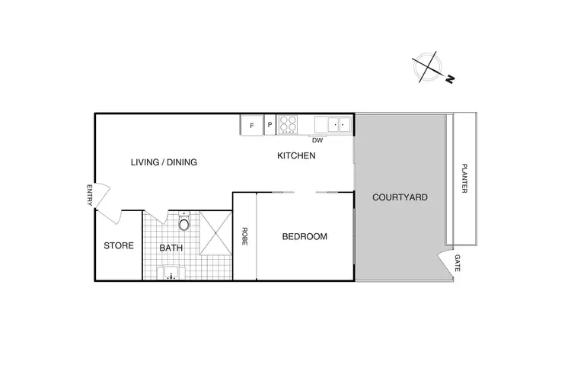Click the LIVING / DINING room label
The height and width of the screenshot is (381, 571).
pos(164,162)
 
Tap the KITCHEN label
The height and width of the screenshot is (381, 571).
pos(295,156)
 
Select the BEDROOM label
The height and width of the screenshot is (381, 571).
pos(305,237)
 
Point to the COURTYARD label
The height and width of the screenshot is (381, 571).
pos(400,197)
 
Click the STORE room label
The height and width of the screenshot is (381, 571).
pos(119,246)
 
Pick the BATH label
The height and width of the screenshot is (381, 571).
pos(171,248)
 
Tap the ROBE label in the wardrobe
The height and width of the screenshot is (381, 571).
pos(244,236)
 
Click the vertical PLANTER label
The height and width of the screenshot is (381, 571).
pos(464,179)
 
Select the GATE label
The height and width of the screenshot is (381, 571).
pos(458,264)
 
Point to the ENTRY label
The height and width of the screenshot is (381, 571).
pos(89,196)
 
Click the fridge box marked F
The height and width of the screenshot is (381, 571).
pos(251,125)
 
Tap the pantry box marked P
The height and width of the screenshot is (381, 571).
pos(270,125)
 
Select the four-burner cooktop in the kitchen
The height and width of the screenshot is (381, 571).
pos(289,124)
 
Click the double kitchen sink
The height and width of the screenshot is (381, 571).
pos(334,123)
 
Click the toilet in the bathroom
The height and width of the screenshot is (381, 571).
pos(183,223)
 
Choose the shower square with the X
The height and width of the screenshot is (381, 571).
pos(215,233)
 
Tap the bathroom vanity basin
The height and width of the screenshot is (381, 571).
pos(172,273)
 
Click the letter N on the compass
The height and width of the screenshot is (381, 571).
pos(450,78)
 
